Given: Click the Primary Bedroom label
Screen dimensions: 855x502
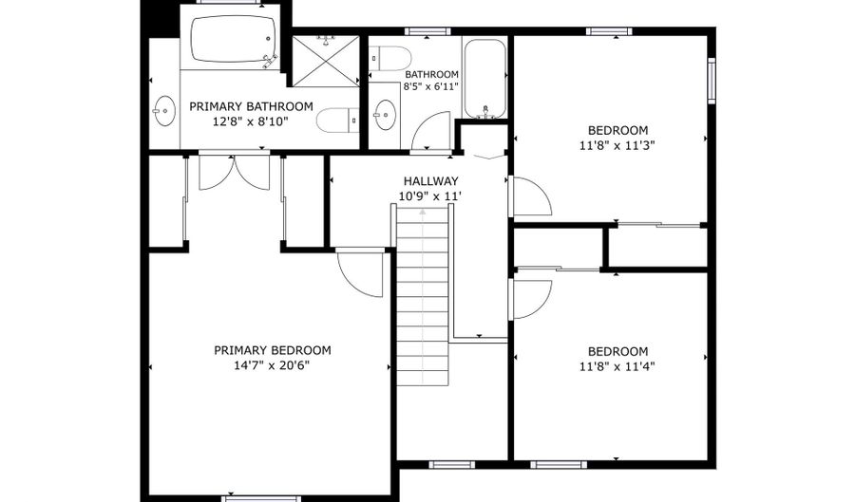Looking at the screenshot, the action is click(x=272, y=350).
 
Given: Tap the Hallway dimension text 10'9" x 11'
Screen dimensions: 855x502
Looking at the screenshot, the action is click(x=430, y=196).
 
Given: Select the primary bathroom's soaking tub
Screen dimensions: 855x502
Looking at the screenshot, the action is click(x=234, y=39).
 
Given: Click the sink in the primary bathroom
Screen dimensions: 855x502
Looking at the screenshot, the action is click(x=163, y=111).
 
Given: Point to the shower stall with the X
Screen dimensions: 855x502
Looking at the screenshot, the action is click(x=326, y=61).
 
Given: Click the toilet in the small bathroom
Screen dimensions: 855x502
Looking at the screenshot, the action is click(x=389, y=58).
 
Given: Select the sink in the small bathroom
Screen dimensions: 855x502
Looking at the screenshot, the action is click(x=386, y=116).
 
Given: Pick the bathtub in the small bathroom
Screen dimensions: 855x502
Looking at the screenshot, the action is click(x=484, y=78).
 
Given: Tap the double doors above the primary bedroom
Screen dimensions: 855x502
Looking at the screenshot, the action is click(x=234, y=173).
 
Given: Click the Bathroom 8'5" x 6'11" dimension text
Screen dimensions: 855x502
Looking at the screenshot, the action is click(x=430, y=86).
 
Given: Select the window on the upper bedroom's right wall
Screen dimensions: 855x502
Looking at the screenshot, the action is click(x=712, y=81).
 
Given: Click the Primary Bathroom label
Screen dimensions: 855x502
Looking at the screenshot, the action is click(x=252, y=106).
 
